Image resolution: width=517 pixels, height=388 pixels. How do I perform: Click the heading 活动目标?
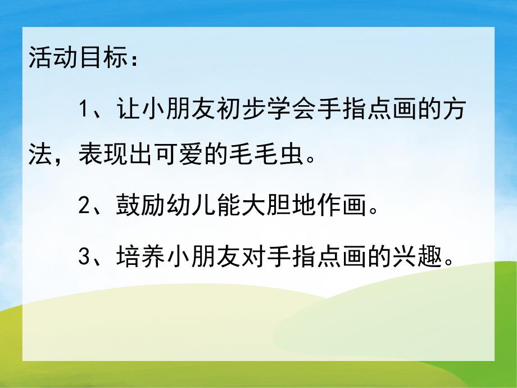(x=74, y=57)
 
